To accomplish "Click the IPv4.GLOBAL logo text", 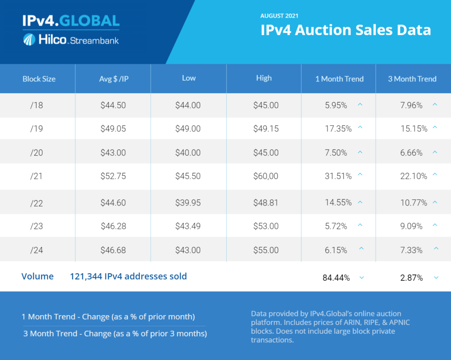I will pos(70,21).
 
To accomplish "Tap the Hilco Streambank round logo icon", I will pos(29,40).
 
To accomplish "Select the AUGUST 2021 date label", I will pos(279,16).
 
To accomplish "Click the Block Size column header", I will pos(39,79).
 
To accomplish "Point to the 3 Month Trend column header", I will pos(412,79).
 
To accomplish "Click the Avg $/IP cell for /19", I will pos(113,129).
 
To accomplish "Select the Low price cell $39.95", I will pos(188,202).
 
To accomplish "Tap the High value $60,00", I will pos(266,176).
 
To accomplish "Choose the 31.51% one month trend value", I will pos(338,176).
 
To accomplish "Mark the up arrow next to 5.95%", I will pos(360,105).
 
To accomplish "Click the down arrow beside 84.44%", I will pos(361,278).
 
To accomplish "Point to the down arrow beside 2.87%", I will pos(436,278).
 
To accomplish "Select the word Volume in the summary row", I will pos(37,276).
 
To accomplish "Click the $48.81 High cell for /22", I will pos(266,202).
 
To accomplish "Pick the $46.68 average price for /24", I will pos(113,250).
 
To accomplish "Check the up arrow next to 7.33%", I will pos(436,249).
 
